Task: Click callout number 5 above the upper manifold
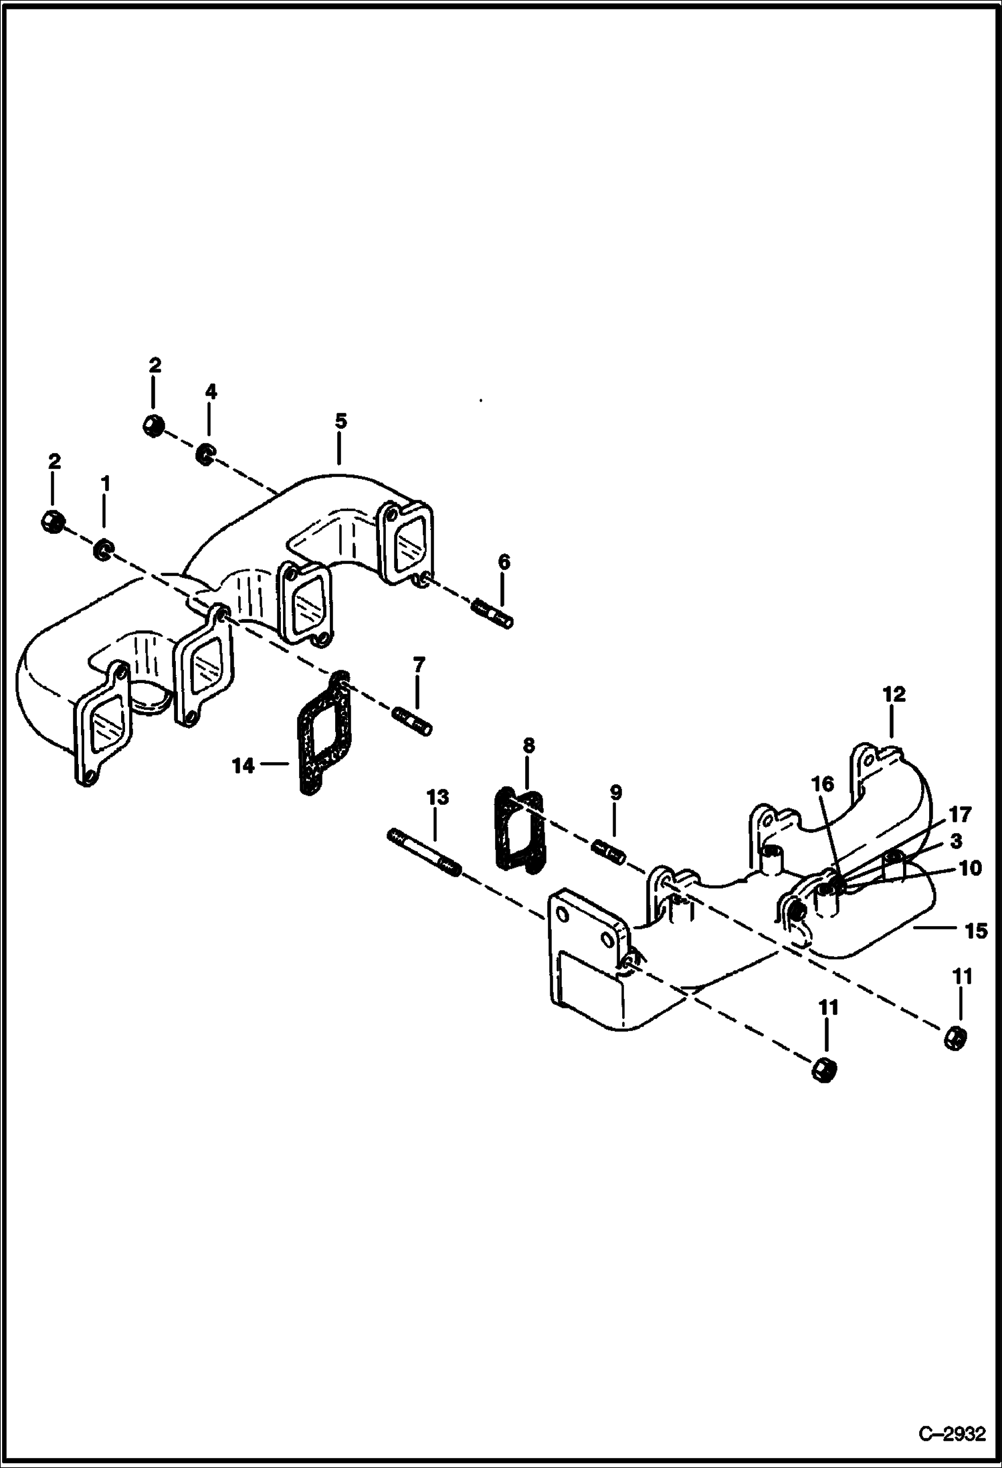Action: point(340,422)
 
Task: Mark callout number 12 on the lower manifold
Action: point(894,695)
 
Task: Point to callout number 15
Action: point(977,931)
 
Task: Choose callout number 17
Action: point(960,814)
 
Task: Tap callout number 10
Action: point(970,868)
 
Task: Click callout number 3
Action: point(956,841)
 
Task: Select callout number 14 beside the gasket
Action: point(243,766)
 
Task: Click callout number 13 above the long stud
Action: point(437,798)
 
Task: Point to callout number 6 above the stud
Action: point(504,562)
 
